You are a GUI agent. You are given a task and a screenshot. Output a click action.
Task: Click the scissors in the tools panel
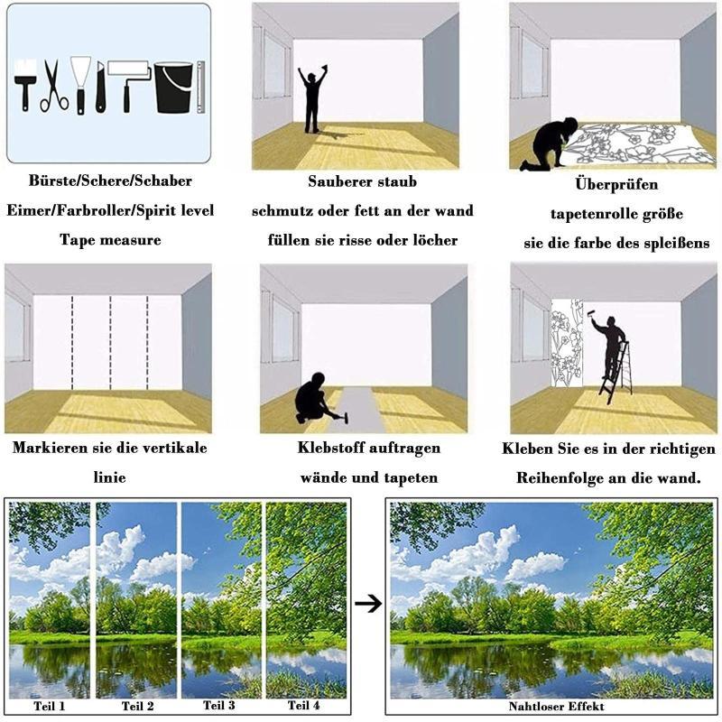pos(54,86)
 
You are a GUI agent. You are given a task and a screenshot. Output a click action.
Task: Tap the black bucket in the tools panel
pos(173,88)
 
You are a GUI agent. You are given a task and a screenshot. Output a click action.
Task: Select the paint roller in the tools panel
pos(129,85)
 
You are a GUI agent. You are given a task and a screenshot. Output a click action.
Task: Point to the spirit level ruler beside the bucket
pos(200,87)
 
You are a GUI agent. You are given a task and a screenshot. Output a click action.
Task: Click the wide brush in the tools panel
pos(25,85)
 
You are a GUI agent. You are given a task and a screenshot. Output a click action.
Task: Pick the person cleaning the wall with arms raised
pos(312,99)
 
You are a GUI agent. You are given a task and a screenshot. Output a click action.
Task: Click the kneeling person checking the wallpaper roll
pos(549,143)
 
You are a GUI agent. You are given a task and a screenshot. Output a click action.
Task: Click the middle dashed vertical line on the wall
pos(110,343)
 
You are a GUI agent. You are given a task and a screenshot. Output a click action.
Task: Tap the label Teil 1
pos(50,706)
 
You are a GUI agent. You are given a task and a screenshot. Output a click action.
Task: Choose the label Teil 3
pos(219,706)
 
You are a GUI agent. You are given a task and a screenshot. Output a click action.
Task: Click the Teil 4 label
pos(303,706)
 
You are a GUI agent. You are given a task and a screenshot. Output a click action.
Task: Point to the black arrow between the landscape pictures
pos(368,604)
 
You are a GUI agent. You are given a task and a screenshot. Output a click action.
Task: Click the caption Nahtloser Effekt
pos(556,707)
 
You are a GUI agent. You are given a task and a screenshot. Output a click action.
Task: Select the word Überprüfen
pos(616,184)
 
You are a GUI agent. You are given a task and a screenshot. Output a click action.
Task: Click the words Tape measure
pos(110,240)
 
